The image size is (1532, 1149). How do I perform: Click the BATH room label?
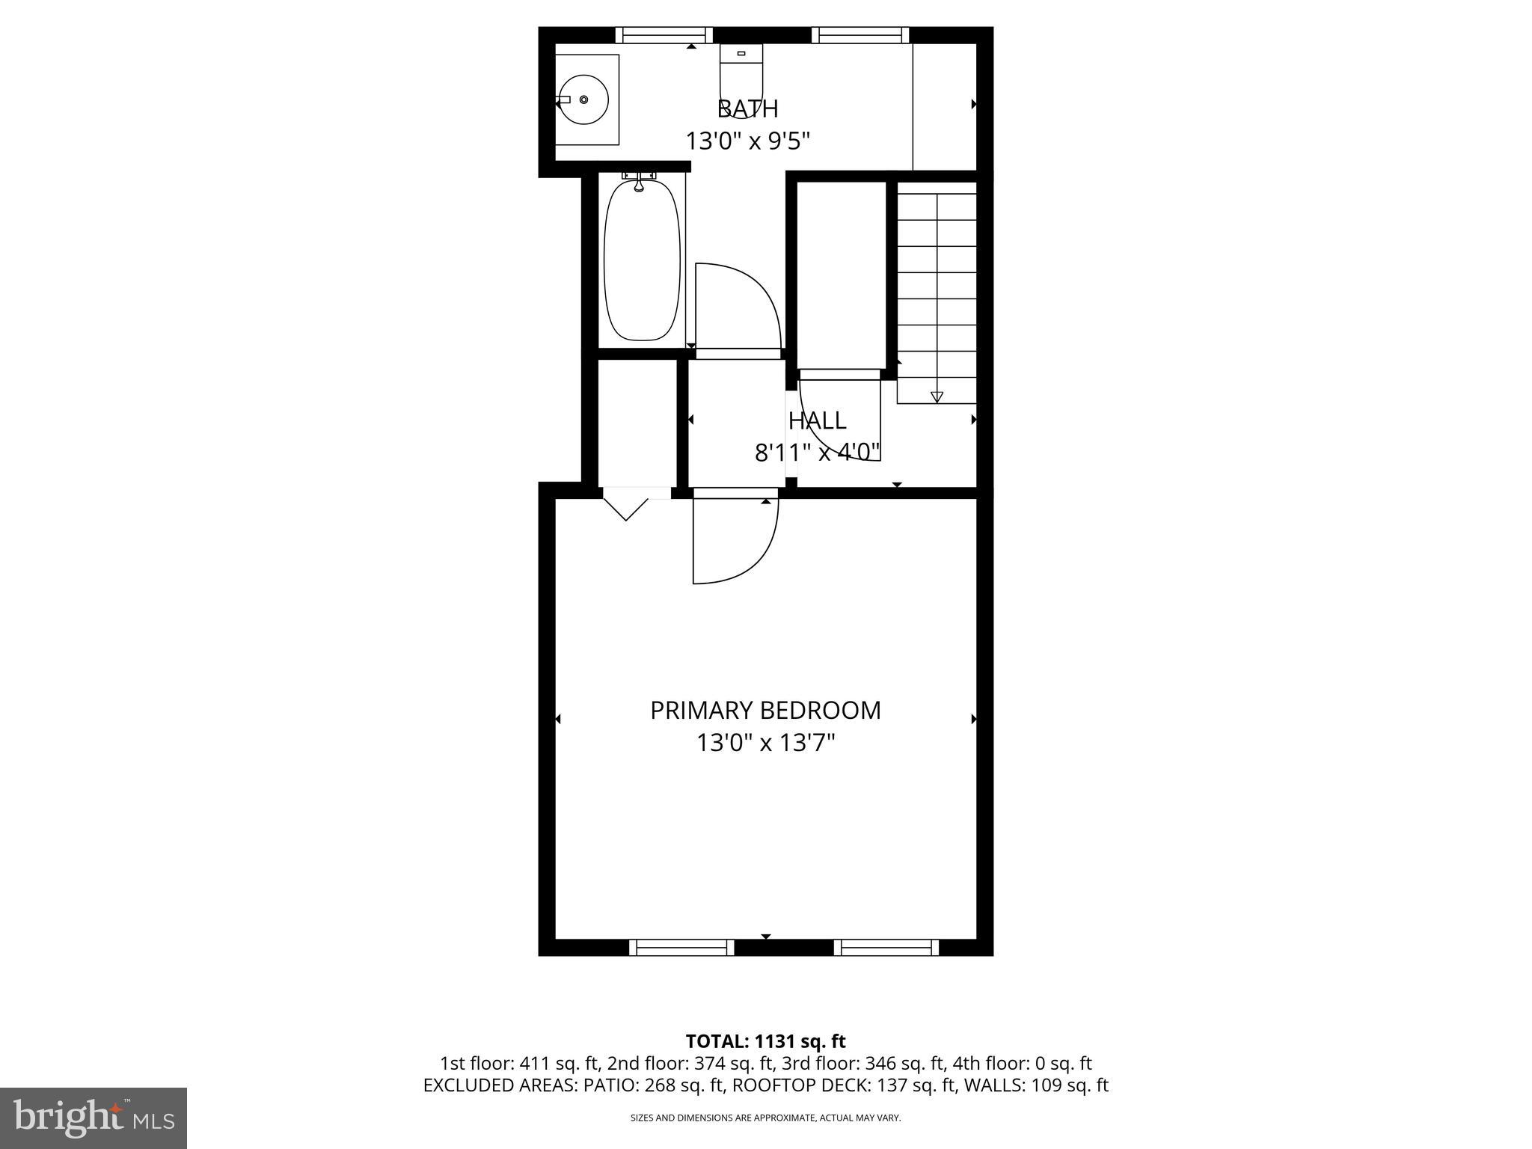point(747,109)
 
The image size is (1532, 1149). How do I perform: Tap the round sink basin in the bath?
point(584,99)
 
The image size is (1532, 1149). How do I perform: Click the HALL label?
point(817,420)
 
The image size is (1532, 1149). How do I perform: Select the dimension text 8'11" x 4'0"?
point(817,453)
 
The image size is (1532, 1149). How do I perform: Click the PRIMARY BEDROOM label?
point(765,710)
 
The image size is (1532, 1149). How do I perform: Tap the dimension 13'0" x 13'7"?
point(765,743)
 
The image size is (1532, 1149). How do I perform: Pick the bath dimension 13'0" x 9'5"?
point(748,141)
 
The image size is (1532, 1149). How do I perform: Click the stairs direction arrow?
point(937,396)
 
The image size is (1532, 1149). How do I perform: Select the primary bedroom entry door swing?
point(735,540)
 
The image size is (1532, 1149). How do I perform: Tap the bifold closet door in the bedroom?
point(626,505)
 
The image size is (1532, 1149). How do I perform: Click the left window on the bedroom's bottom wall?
point(681,947)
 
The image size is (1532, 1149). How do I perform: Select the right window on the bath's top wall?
point(860,35)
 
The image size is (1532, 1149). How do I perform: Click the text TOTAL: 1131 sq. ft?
point(765,1041)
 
